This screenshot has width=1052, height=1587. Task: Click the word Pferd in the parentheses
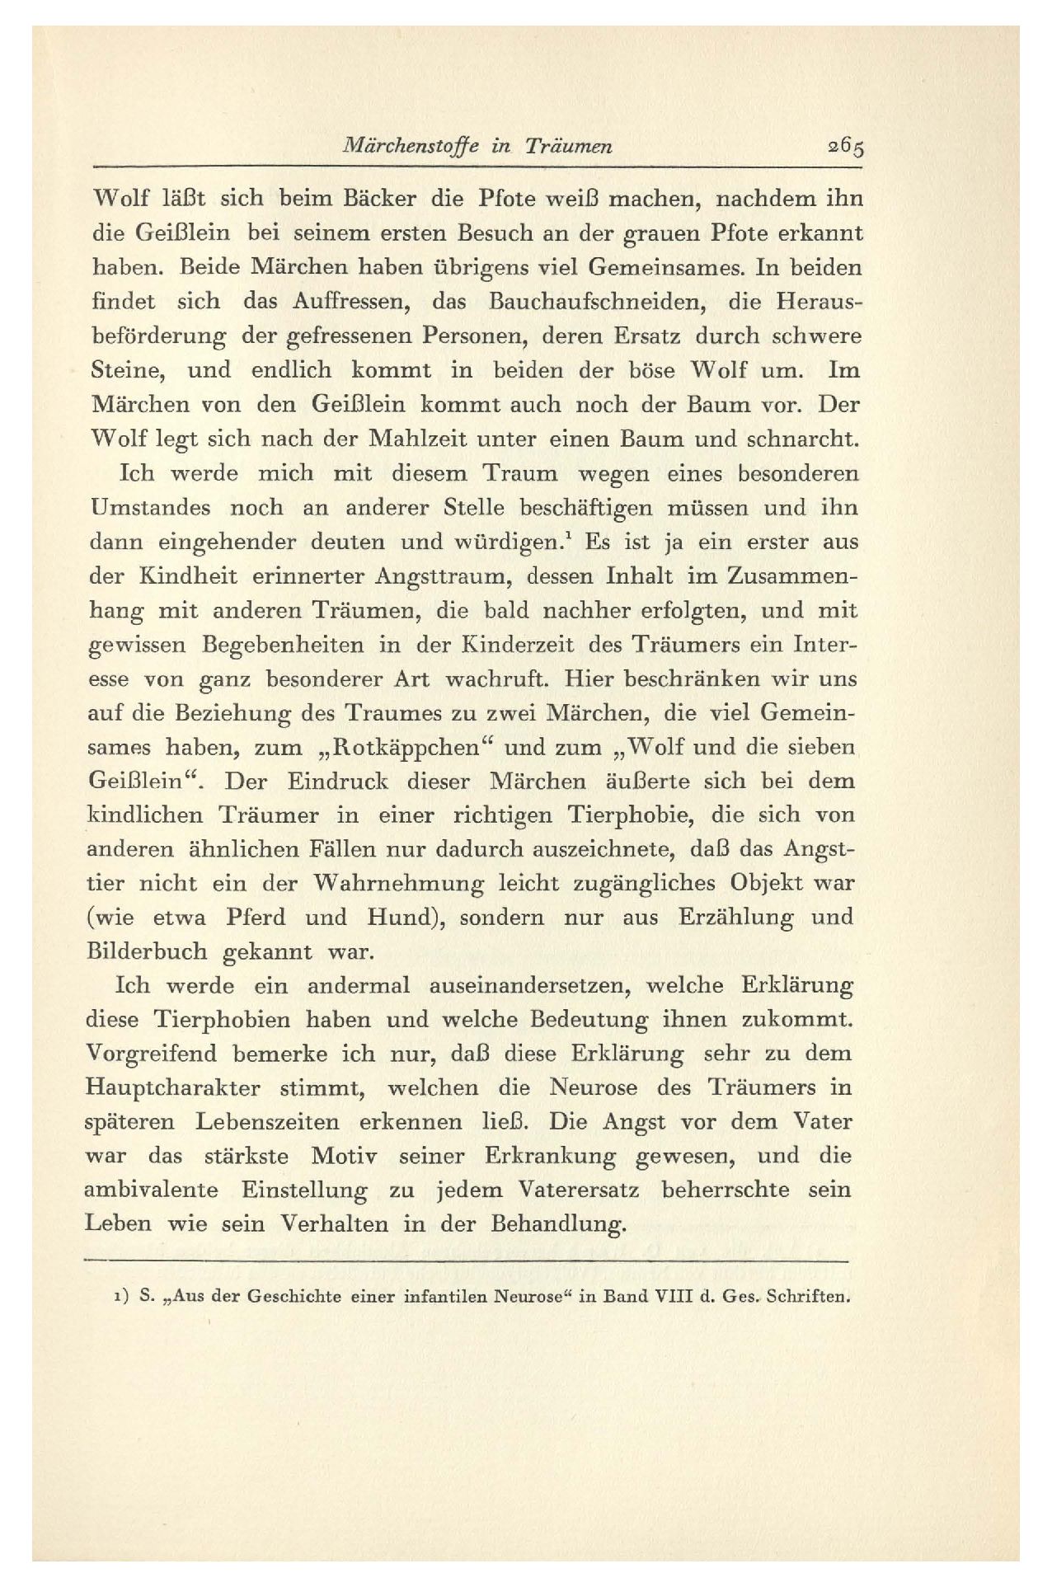pyautogui.click(x=256, y=917)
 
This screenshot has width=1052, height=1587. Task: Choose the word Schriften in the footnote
pyautogui.click(x=809, y=1297)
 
